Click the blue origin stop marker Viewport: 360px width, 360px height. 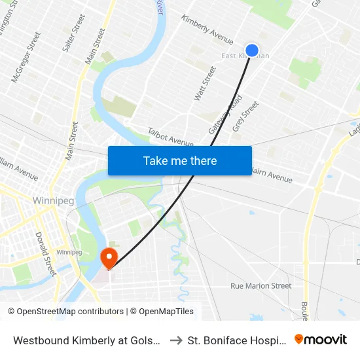[252, 50]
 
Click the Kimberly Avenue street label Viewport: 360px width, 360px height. [207, 30]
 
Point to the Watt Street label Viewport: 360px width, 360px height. [204, 83]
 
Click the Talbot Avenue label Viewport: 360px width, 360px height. [170, 137]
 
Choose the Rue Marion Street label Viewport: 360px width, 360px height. [261, 286]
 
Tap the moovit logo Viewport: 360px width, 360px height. [320, 340]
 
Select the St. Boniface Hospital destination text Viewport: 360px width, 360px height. [236, 340]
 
